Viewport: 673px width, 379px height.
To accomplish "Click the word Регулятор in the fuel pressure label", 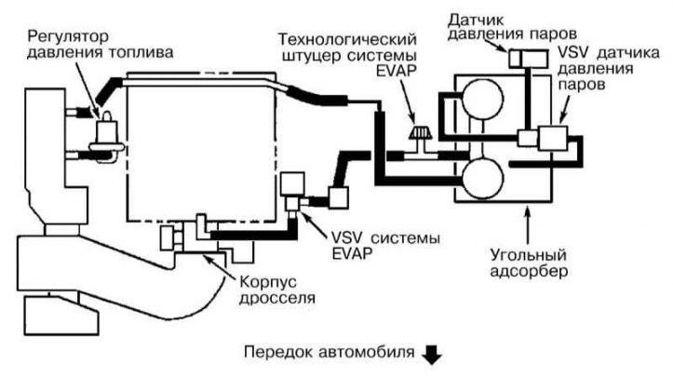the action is (69, 38).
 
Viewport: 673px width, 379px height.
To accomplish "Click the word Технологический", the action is (347, 40).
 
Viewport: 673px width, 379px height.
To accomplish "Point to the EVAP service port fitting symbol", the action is (420, 132).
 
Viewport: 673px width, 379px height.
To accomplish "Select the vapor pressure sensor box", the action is (529, 59).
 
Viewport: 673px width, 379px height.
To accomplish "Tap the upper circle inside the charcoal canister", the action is (482, 98).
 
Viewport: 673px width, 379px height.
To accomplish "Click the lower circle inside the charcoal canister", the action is (482, 177).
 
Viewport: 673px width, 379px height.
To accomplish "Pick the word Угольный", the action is (529, 256).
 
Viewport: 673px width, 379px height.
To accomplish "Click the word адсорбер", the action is (529, 272).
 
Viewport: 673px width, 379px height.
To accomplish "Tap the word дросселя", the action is (277, 298).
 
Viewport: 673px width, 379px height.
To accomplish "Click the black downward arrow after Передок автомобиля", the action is (432, 354).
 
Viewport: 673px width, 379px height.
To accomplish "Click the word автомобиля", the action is (368, 353).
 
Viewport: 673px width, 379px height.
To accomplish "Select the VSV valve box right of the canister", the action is (553, 138).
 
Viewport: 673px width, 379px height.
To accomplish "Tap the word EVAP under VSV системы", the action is (352, 253).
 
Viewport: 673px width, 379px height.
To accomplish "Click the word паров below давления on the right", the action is (582, 85).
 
